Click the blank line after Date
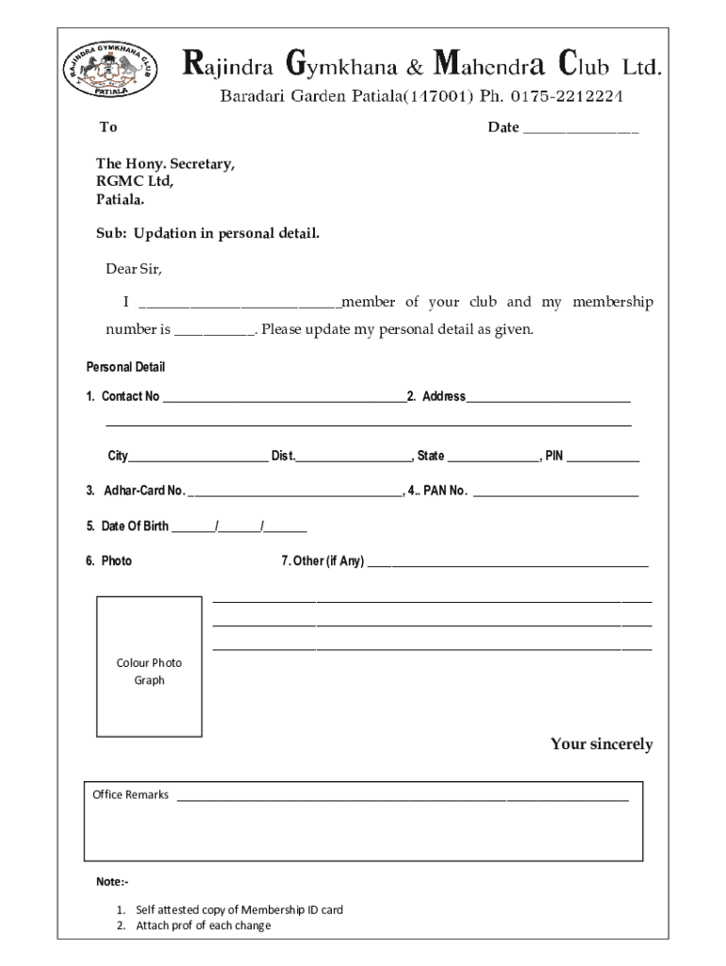point(580,129)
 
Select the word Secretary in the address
point(201,163)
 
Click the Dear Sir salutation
point(133,269)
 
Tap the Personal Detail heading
point(125,367)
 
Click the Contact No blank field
point(284,398)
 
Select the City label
point(117,457)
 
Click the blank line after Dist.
point(355,458)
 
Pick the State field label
point(430,457)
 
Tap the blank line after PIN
point(602,458)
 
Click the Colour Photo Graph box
point(149,667)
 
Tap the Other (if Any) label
point(322,561)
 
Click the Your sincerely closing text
point(601,744)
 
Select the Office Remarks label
point(130,794)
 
